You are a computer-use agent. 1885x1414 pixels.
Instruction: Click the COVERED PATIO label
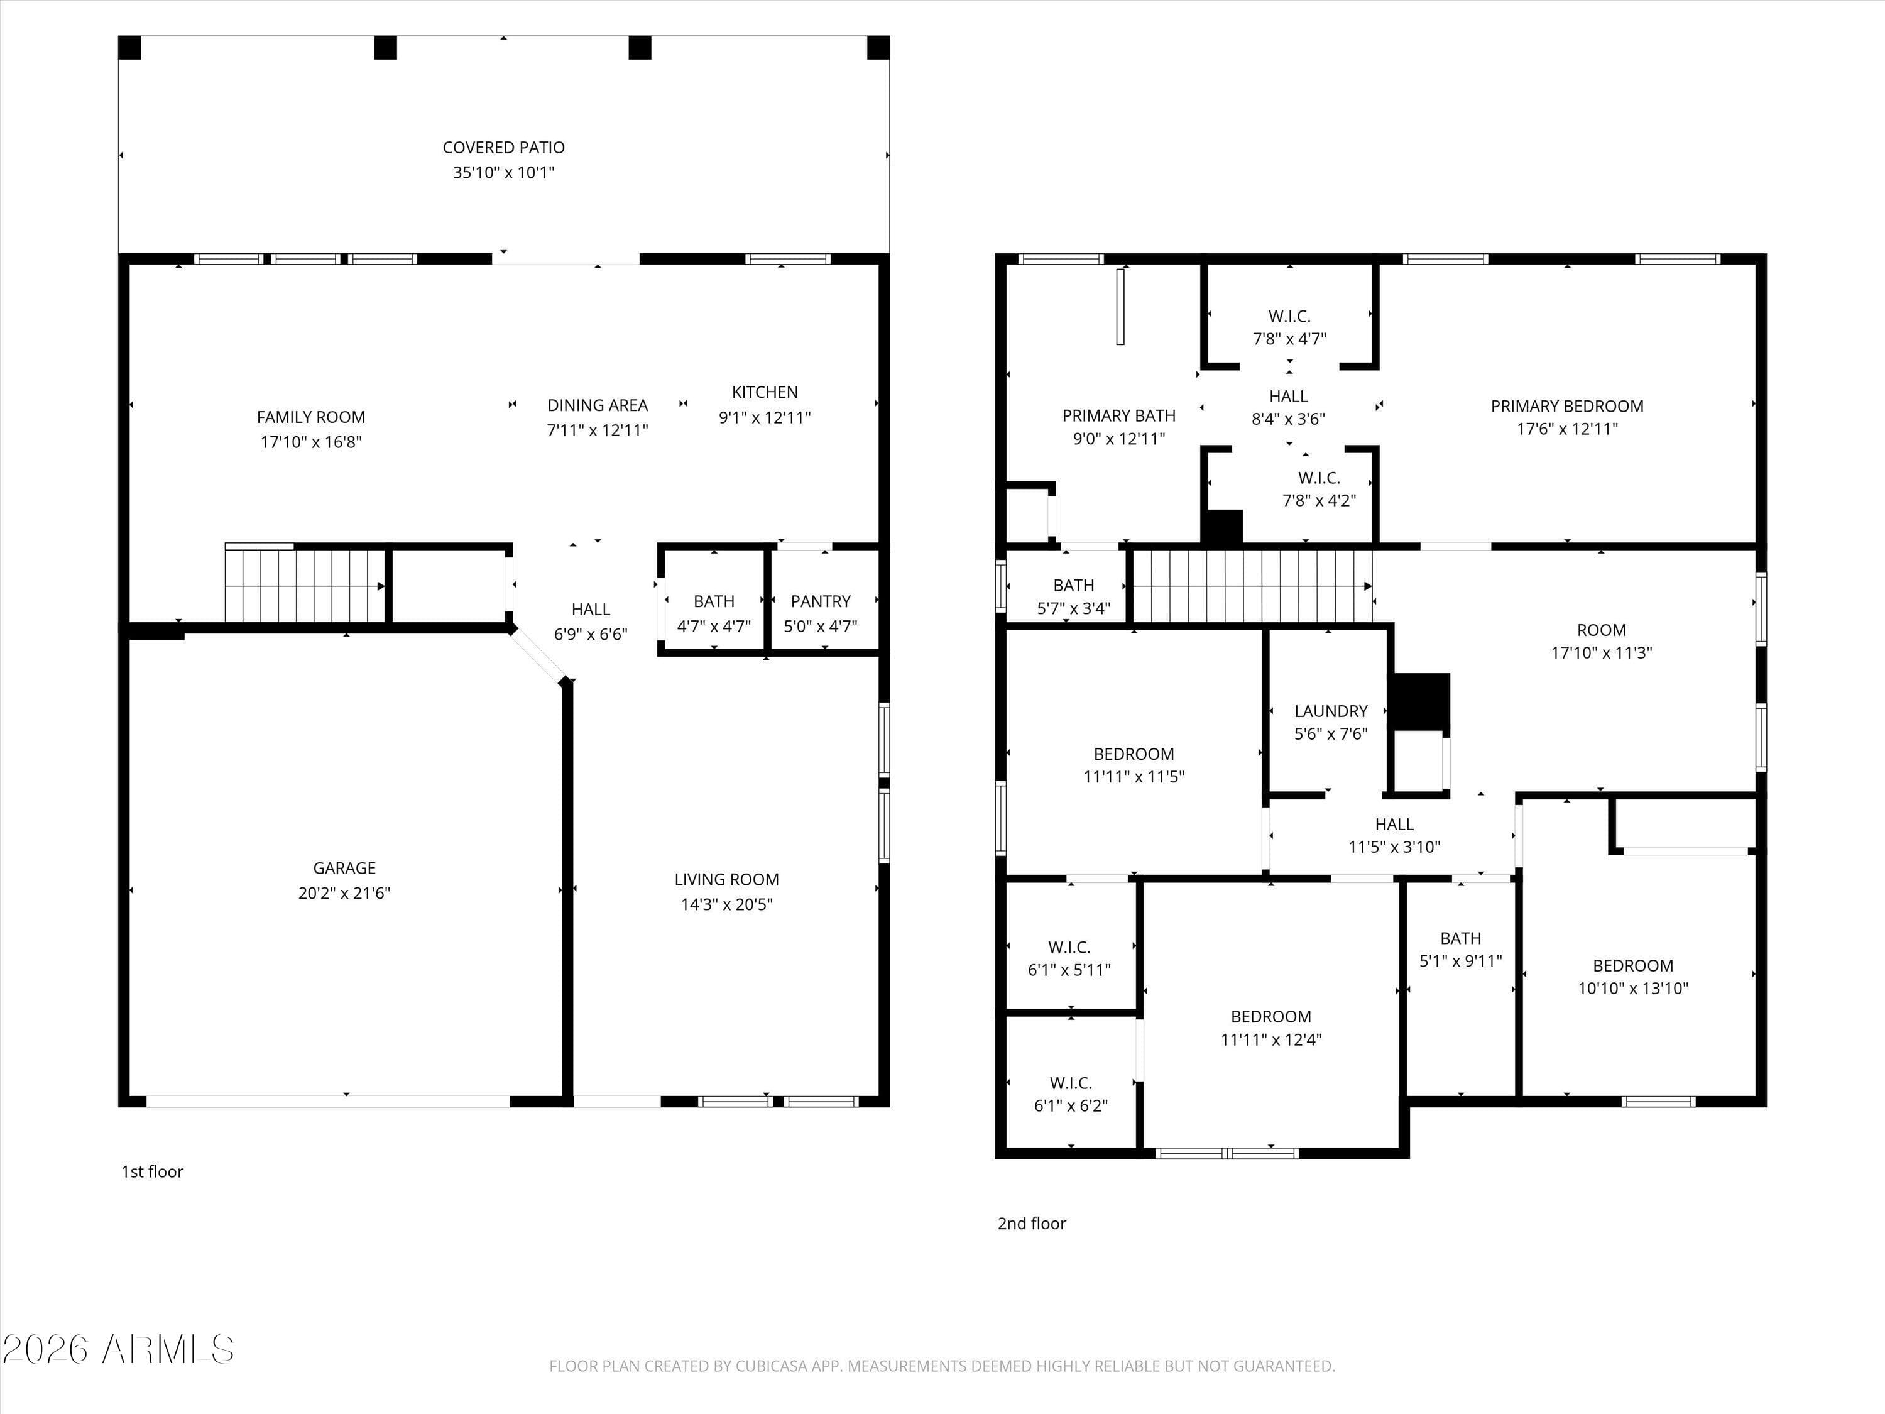click(503, 148)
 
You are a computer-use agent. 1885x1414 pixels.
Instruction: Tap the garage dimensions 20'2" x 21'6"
click(344, 892)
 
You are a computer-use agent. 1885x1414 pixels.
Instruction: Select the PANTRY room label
click(820, 601)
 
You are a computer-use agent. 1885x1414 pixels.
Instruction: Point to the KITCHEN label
click(765, 392)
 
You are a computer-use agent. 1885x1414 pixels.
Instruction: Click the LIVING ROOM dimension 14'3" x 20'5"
click(726, 904)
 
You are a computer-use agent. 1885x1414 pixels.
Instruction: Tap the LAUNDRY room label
click(1330, 711)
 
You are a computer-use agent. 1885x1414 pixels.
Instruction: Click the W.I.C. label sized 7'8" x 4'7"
click(1289, 316)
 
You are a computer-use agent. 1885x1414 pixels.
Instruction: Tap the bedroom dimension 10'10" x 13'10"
click(1632, 988)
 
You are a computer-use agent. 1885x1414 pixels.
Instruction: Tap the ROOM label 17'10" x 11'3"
click(1600, 630)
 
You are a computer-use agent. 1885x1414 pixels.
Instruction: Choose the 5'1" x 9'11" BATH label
click(1460, 938)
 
